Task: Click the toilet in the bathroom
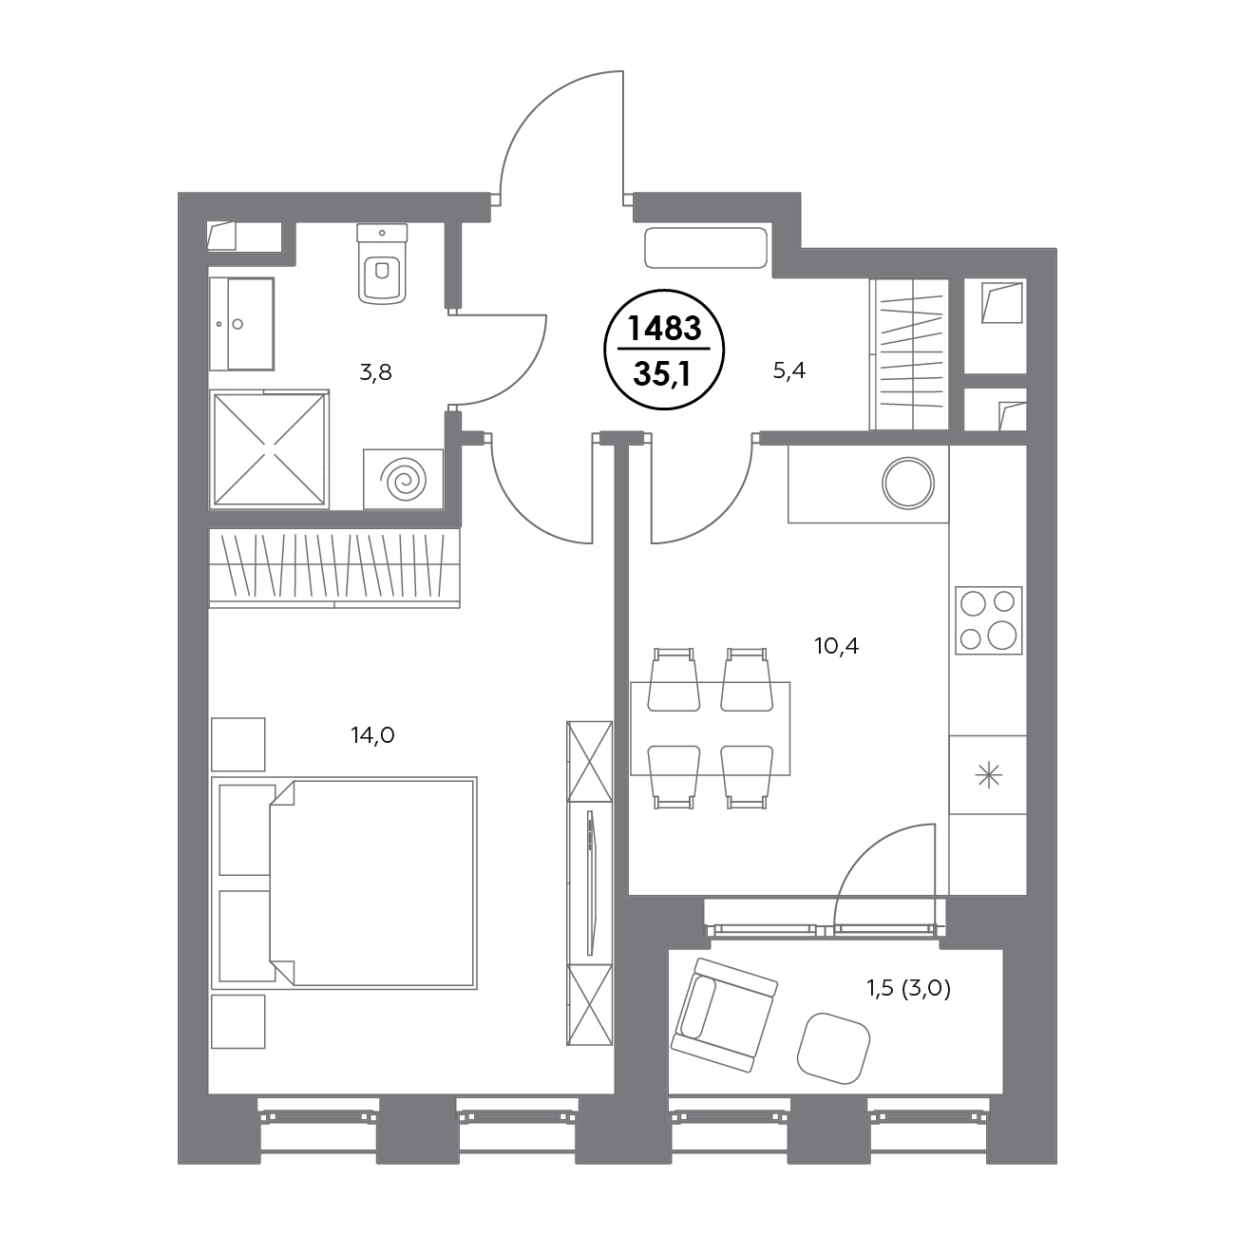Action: point(382,263)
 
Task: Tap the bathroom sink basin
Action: point(242,324)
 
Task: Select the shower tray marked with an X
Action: point(269,449)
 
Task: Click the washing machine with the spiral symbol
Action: point(403,479)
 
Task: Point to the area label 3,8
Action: point(375,372)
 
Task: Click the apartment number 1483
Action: point(665,329)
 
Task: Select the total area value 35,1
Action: point(662,374)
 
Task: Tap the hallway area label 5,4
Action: point(788,370)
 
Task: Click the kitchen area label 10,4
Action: point(836,646)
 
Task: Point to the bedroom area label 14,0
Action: point(372,735)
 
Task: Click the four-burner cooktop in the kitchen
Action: point(988,619)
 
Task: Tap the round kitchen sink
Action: point(907,484)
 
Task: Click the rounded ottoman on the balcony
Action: point(833,1048)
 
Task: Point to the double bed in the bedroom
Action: point(344,883)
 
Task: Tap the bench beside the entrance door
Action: point(706,247)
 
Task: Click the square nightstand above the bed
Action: point(237,744)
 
